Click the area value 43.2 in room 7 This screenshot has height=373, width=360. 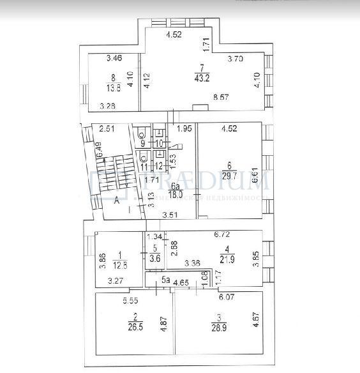point(202,79)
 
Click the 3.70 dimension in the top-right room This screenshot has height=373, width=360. point(237,59)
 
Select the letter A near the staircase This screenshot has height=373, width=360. point(117,199)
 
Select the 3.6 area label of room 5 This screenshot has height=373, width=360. point(154,259)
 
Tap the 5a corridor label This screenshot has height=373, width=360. point(164,279)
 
